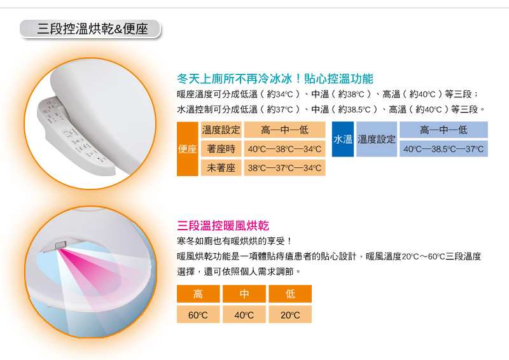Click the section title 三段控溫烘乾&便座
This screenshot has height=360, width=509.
click(x=92, y=29)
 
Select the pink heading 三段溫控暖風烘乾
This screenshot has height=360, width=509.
click(x=223, y=226)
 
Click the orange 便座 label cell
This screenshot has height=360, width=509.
click(x=187, y=149)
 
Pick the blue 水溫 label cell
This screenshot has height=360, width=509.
click(x=343, y=139)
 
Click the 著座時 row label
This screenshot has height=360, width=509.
click(x=221, y=149)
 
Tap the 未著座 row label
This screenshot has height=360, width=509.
click(x=221, y=167)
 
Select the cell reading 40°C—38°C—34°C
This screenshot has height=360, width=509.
click(x=284, y=149)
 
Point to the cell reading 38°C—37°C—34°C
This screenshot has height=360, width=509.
click(x=284, y=167)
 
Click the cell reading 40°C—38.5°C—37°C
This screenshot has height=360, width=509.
click(x=443, y=149)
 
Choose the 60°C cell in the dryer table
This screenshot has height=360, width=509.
click(x=198, y=314)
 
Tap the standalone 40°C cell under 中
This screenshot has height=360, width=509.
click(x=244, y=314)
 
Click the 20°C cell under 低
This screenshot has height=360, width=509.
click(x=290, y=314)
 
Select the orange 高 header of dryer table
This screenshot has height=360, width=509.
click(x=198, y=294)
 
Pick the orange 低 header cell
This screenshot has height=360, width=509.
click(x=290, y=294)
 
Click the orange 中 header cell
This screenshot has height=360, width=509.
click(x=244, y=294)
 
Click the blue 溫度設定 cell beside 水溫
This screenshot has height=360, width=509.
click(x=377, y=139)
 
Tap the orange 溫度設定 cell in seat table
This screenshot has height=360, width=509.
click(x=221, y=130)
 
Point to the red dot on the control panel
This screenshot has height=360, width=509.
click(x=99, y=158)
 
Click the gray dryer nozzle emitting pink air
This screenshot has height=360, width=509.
click(x=60, y=245)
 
